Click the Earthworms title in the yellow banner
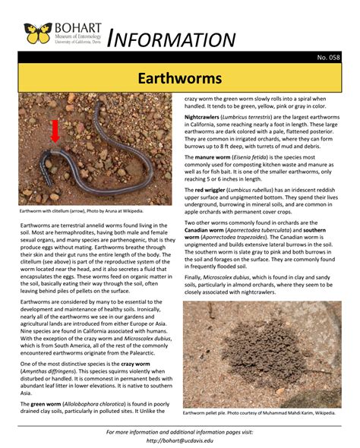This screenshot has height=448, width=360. pyautogui.click(x=179, y=78)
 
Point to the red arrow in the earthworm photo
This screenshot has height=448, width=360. pyautogui.click(x=55, y=131)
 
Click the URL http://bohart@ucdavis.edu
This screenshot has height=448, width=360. pyautogui.click(x=179, y=440)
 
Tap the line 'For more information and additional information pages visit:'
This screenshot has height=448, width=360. pyautogui.click(x=179, y=431)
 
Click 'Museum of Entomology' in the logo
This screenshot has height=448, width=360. pyautogui.click(x=74, y=36)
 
